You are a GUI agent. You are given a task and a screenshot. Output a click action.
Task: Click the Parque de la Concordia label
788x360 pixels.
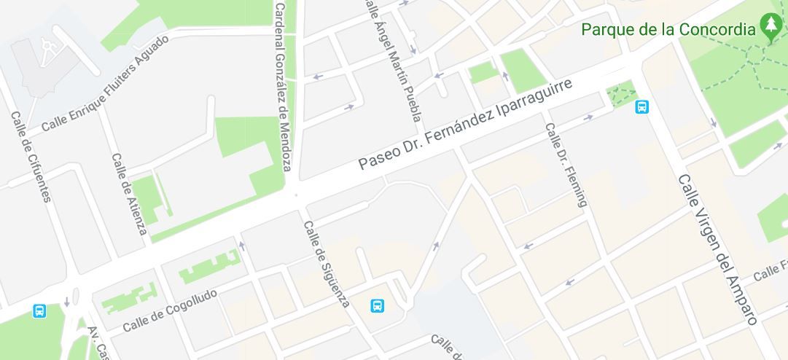pos(668,30)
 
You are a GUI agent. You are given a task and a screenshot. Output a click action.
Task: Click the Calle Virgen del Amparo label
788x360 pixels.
pos(718,249)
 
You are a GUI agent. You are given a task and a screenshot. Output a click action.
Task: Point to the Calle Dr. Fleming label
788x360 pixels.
pos(566,165)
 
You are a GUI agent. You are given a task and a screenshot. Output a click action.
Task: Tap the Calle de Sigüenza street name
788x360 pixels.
pos(327,263)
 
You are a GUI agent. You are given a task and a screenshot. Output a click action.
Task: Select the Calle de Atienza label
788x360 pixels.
pos(129,195)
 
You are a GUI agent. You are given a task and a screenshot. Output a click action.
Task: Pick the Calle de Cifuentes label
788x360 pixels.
pos(31,157)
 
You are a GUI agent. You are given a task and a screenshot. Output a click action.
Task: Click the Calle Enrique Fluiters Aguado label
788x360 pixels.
pos(105,84)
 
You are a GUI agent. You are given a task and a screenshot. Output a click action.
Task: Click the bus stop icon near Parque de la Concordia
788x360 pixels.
pos(641,107)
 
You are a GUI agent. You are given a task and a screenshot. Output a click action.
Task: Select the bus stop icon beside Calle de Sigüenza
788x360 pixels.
pos(378,305)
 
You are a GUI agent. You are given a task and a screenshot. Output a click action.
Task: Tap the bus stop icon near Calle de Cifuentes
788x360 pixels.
pos(39,311)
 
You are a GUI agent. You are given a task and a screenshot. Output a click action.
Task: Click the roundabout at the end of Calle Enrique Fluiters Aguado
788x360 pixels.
pos(49,45)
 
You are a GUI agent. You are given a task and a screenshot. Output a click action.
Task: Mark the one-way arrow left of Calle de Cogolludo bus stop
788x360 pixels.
pos(66,301)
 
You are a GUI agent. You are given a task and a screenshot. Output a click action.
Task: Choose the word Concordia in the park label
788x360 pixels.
pos(717,30)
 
